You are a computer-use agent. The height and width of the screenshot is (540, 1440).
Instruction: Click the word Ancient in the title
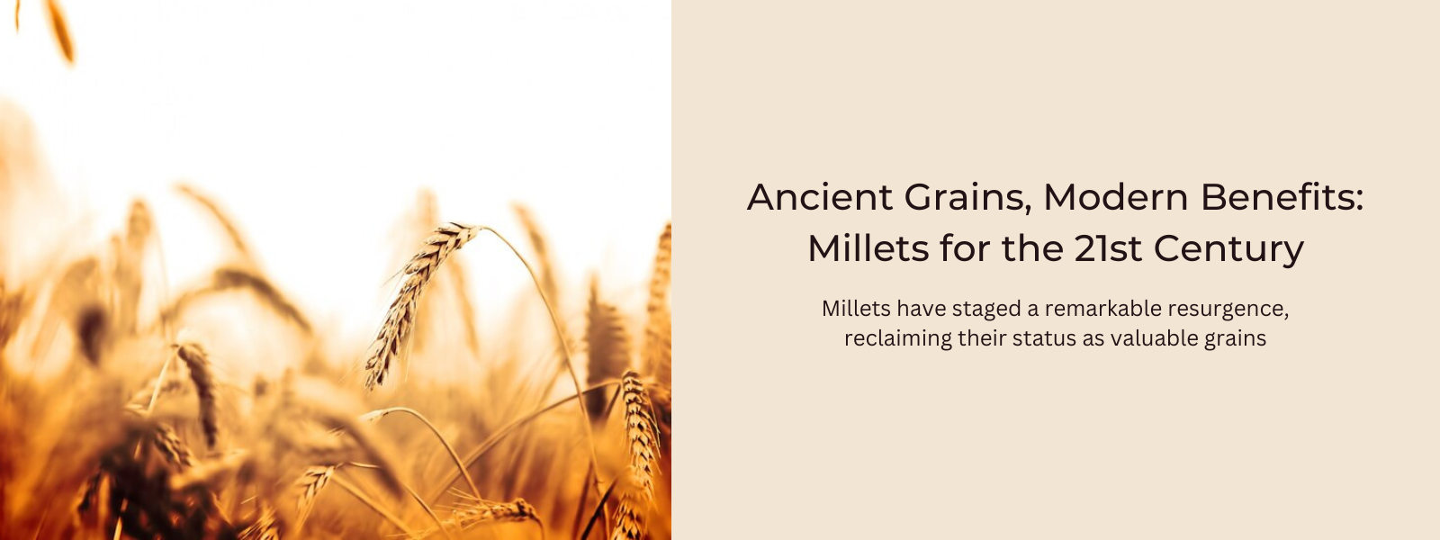click(x=820, y=197)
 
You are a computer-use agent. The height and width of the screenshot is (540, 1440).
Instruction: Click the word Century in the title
click(x=1228, y=251)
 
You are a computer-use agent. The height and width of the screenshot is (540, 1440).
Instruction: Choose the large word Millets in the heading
click(x=868, y=248)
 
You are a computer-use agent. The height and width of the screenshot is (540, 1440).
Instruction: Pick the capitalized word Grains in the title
click(x=964, y=198)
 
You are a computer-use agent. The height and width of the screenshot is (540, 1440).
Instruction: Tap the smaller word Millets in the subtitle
click(x=856, y=309)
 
